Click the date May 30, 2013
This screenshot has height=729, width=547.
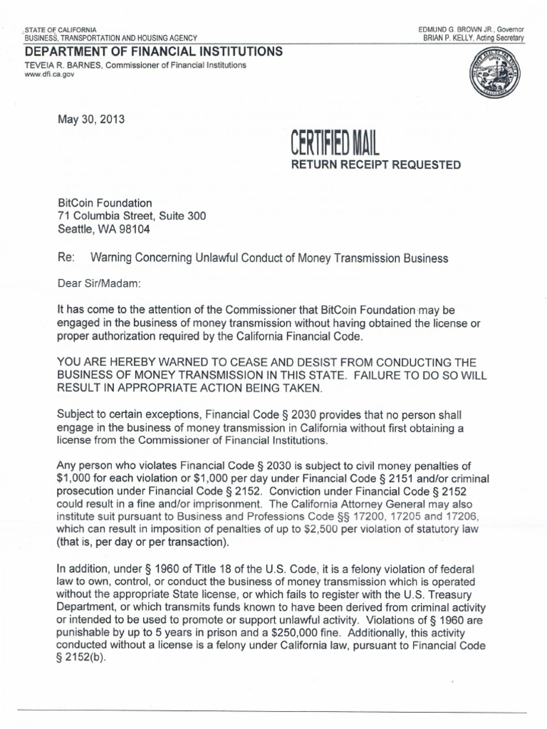(91, 120)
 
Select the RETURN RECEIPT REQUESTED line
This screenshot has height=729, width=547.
(373, 165)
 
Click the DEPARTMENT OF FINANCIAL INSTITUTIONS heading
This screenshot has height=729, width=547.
(153, 51)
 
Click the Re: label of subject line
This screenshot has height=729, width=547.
(66, 258)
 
